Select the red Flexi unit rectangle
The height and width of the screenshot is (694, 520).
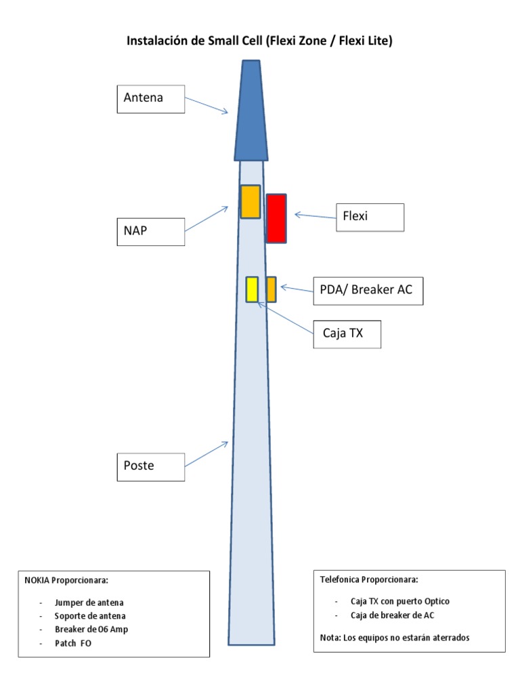(276, 218)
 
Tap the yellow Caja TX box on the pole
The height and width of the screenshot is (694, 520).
(252, 289)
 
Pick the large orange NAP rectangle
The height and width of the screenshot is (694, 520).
(251, 201)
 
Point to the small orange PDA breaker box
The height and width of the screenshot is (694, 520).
(271, 289)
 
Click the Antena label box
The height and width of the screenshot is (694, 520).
(150, 98)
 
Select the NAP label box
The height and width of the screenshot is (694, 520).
(150, 231)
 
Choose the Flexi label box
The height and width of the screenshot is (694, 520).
(370, 217)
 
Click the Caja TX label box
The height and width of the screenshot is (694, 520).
(347, 334)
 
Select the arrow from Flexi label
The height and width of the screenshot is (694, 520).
(315, 216)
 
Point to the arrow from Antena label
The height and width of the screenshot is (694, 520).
(207, 105)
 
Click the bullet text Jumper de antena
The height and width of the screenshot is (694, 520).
(89, 603)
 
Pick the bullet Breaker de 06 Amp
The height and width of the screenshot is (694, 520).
(91, 630)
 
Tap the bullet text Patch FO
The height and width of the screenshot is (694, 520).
(73, 643)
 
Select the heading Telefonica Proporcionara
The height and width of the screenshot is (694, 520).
(368, 580)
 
